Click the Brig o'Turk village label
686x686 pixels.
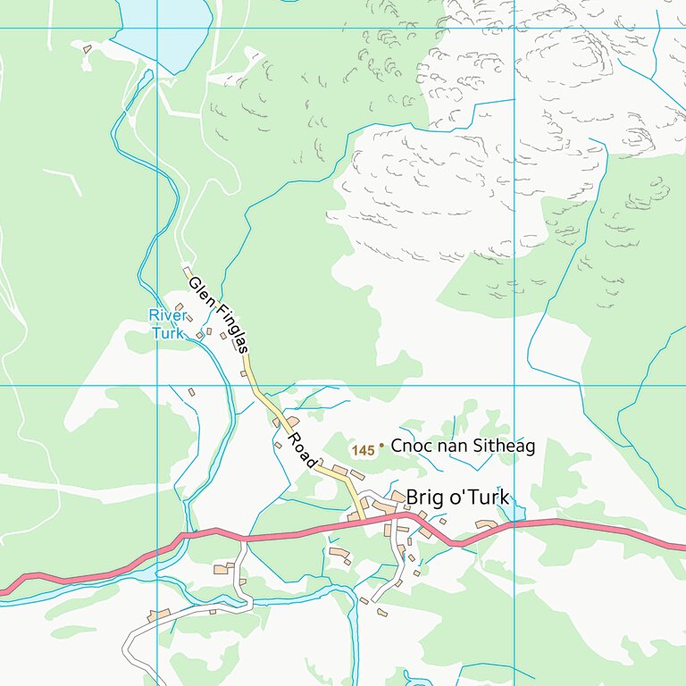[456, 498]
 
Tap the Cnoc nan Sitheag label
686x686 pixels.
[463, 446]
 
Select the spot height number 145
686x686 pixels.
[363, 450]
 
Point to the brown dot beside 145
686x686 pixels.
[381, 444]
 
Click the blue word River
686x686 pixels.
[167, 316]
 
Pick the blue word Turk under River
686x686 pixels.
[167, 333]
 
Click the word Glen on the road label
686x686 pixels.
[198, 289]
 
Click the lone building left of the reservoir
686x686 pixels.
[87, 49]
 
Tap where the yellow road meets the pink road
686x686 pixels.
[362, 518]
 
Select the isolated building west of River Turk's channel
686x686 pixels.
[191, 391]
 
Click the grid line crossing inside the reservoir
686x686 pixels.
[157, 28]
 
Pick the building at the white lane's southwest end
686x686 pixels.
[160, 615]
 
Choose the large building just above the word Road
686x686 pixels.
[292, 421]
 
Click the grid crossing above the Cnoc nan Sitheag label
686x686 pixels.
[514, 386]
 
